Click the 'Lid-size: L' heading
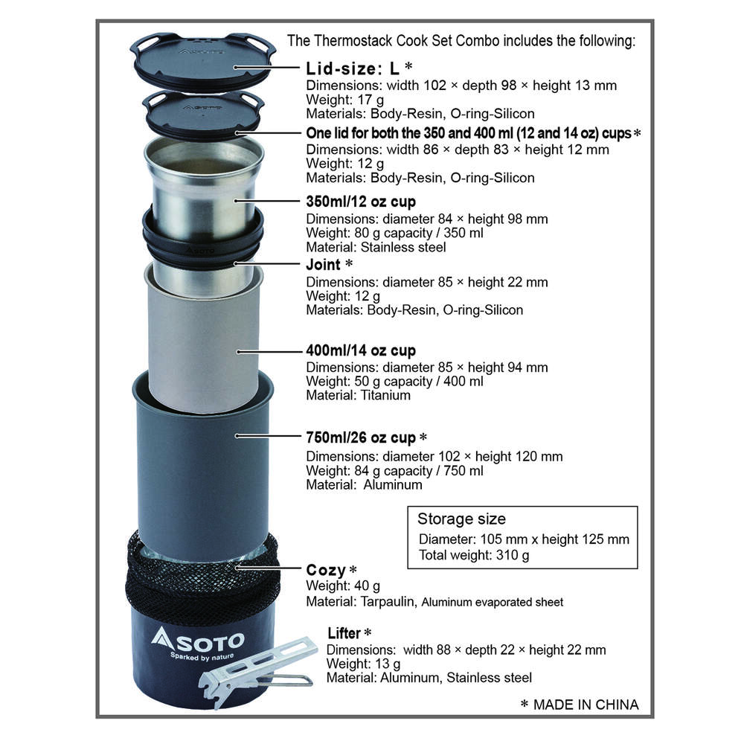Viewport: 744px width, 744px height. tap(353, 68)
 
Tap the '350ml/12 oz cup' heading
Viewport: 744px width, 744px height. tap(361, 202)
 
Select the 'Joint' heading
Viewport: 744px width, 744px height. tap(323, 264)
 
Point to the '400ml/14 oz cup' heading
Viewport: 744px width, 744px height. tap(361, 350)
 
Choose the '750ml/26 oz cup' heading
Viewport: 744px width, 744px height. tap(361, 437)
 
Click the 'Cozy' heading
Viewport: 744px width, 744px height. tap(326, 570)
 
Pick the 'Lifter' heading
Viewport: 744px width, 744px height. tap(344, 633)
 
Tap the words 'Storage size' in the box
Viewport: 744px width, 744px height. tap(461, 519)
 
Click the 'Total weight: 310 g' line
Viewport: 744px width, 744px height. tap(473, 555)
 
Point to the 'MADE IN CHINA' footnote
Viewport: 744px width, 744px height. tap(586, 705)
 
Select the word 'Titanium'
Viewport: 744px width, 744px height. tap(385, 395)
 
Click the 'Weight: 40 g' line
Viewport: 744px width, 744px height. tap(342, 586)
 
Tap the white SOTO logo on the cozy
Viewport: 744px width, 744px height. tap(198, 641)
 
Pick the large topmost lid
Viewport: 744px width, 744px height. tap(202, 62)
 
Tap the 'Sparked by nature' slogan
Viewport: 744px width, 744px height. tap(202, 657)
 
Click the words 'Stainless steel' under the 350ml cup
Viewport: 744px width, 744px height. tap(403, 247)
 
